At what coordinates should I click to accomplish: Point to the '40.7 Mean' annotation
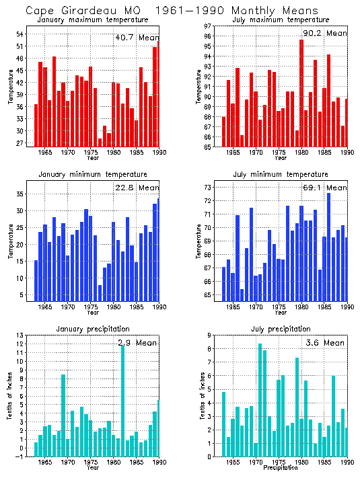pos(137,38)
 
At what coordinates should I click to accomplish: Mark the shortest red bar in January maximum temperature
pos(100,143)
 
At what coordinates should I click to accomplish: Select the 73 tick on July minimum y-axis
pos(209,187)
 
